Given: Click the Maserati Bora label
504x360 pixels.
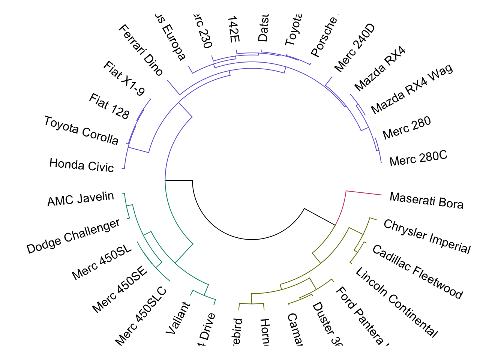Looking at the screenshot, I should point(426,200).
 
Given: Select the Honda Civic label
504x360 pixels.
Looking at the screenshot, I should point(81,165).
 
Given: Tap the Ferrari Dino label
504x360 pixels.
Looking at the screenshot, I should point(141,50).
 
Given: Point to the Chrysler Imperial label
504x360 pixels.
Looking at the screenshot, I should point(427,237).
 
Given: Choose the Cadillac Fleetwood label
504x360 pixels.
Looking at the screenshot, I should point(417,272).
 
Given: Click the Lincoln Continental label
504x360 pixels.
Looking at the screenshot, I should point(396,302).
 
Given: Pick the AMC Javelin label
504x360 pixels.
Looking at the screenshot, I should point(81,198).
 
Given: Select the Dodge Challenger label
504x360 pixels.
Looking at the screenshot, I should point(73,236).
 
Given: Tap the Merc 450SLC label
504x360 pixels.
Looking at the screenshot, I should point(141,316).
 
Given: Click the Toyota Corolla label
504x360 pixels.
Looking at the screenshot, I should point(81,130).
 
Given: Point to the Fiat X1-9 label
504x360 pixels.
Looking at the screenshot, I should point(124,78).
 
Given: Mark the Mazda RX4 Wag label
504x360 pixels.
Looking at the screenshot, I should point(412,89).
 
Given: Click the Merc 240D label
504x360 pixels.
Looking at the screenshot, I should point(354,48).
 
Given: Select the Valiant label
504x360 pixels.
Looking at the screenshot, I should point(178,318).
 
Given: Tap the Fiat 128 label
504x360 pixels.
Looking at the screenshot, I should point(109,106).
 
